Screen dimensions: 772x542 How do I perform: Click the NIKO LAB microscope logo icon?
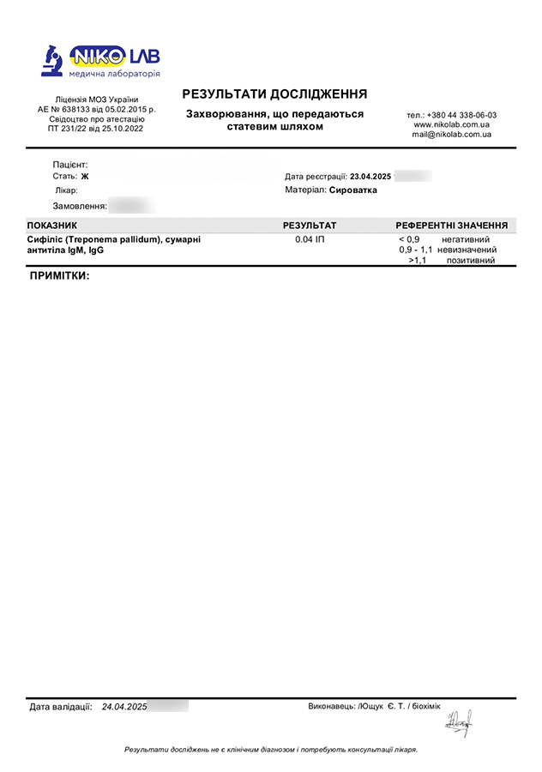pos(53,60)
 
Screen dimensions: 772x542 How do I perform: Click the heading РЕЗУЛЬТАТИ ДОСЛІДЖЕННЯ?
pos(274,93)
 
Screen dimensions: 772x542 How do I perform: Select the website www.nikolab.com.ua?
pos(451,124)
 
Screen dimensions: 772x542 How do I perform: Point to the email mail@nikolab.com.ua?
pos(451,135)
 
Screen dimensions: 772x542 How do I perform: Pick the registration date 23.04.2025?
pos(370,176)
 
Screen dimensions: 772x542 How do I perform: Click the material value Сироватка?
pos(352,190)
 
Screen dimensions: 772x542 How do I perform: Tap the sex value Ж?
pos(85,177)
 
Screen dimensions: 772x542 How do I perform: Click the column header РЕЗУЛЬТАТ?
pos(310,226)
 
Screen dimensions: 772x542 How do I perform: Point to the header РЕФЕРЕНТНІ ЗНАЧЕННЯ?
pos(451,226)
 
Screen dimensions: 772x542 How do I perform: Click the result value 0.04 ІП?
pos(310,239)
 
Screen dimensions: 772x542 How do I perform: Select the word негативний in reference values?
pos(466,239)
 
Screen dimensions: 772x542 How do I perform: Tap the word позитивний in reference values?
pos(471,260)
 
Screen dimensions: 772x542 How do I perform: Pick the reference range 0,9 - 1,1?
pos(415,250)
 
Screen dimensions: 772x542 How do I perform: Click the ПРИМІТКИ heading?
pos(59,277)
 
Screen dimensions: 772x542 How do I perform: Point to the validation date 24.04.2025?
pos(124,707)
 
